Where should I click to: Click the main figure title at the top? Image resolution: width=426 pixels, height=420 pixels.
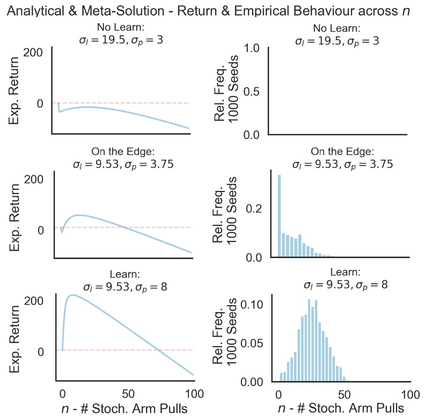tap(213, 10)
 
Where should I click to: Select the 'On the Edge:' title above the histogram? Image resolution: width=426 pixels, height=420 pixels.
tap(337, 152)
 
